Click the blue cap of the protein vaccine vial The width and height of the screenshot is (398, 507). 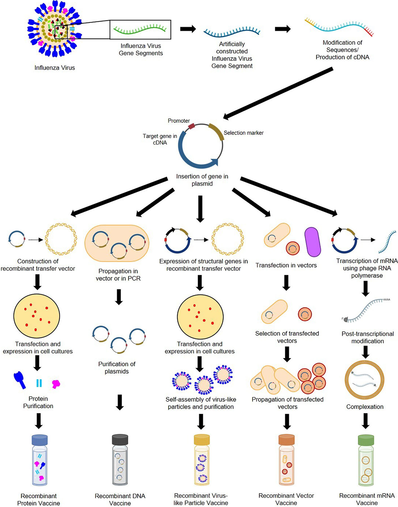coord(39,440)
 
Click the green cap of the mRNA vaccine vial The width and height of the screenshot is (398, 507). coord(366,440)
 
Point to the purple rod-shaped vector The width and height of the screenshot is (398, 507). coord(312,242)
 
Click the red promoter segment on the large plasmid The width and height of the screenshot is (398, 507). coord(191,126)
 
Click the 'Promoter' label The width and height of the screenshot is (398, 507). coord(179,121)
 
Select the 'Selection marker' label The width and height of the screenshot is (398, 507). coord(243,133)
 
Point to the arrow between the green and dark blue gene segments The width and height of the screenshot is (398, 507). coord(188,29)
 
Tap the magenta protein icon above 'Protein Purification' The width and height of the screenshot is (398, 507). coord(56,384)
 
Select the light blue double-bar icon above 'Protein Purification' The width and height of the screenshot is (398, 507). coord(39,383)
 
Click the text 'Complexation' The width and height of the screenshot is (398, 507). coord(365,407)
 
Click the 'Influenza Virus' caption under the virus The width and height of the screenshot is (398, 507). coord(55,68)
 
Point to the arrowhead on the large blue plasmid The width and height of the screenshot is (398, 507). coord(214,162)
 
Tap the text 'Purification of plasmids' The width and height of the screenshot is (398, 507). coord(117,368)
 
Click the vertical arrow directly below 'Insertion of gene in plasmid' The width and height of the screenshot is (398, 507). coord(200,209)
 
